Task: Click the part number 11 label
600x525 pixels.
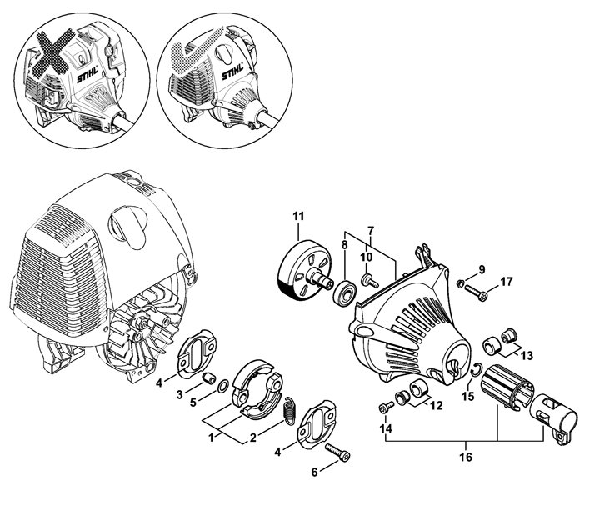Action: [298, 216]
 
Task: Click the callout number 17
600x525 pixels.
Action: [507, 282]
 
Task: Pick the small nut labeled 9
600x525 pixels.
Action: [460, 283]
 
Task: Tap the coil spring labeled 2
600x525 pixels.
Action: [291, 410]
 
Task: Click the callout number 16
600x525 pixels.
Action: [466, 457]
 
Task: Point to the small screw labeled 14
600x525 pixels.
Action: [387, 407]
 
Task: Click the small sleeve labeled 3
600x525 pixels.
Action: [209, 378]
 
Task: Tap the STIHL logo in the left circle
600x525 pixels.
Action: [87, 74]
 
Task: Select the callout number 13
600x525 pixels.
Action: [527, 356]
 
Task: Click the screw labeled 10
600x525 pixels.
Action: [370, 282]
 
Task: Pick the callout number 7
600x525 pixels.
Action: [370, 231]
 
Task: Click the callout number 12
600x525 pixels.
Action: [437, 405]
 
